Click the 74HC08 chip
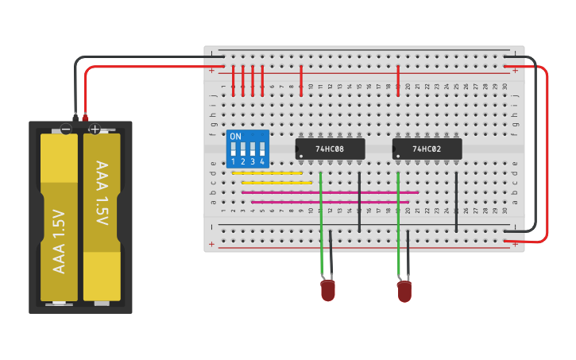pos(330,149)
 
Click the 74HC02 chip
pos(427,149)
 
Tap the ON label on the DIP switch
pos(235,137)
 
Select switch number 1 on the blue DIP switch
pos(234,149)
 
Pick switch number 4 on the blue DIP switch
pos(262,149)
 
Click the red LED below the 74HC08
pos(328,290)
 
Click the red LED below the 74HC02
pos(404,291)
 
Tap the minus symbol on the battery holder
pos(67,129)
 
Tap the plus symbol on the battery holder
pos(95,129)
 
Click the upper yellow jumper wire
pos(267,172)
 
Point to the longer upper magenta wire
pos(330,192)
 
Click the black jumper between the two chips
pos(359,202)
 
